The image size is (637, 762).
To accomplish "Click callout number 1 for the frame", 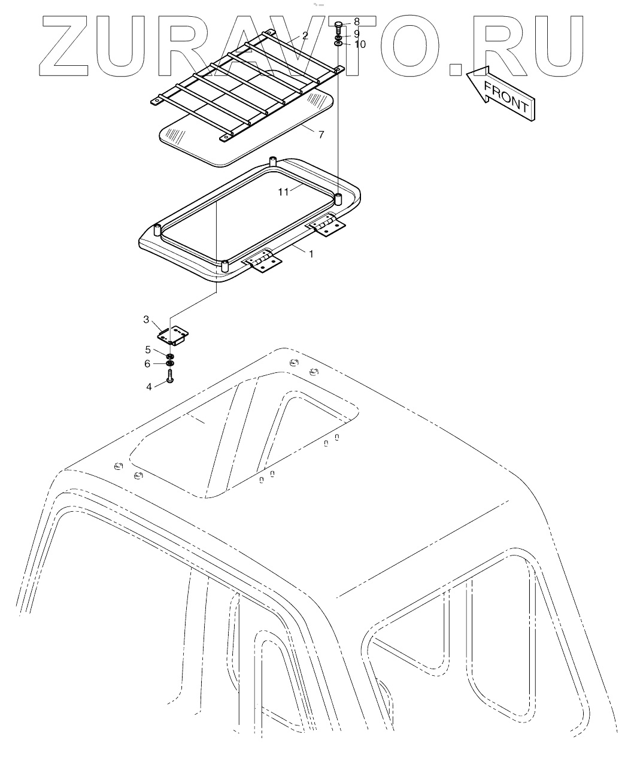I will pyautogui.click(x=311, y=254).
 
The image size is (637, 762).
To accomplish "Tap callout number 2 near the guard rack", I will pyautogui.click(x=305, y=35).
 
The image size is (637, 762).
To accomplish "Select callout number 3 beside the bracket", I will pyautogui.click(x=146, y=320).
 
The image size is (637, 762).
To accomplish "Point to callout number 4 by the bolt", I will pyautogui.click(x=148, y=350).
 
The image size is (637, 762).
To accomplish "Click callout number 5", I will pyautogui.click(x=148, y=363).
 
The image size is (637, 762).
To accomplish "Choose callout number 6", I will pyautogui.click(x=321, y=135).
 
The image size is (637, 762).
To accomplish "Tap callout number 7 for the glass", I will pyautogui.click(x=357, y=22).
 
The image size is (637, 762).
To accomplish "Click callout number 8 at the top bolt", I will pyautogui.click(x=357, y=34).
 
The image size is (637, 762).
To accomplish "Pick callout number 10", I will pyautogui.click(x=283, y=192).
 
